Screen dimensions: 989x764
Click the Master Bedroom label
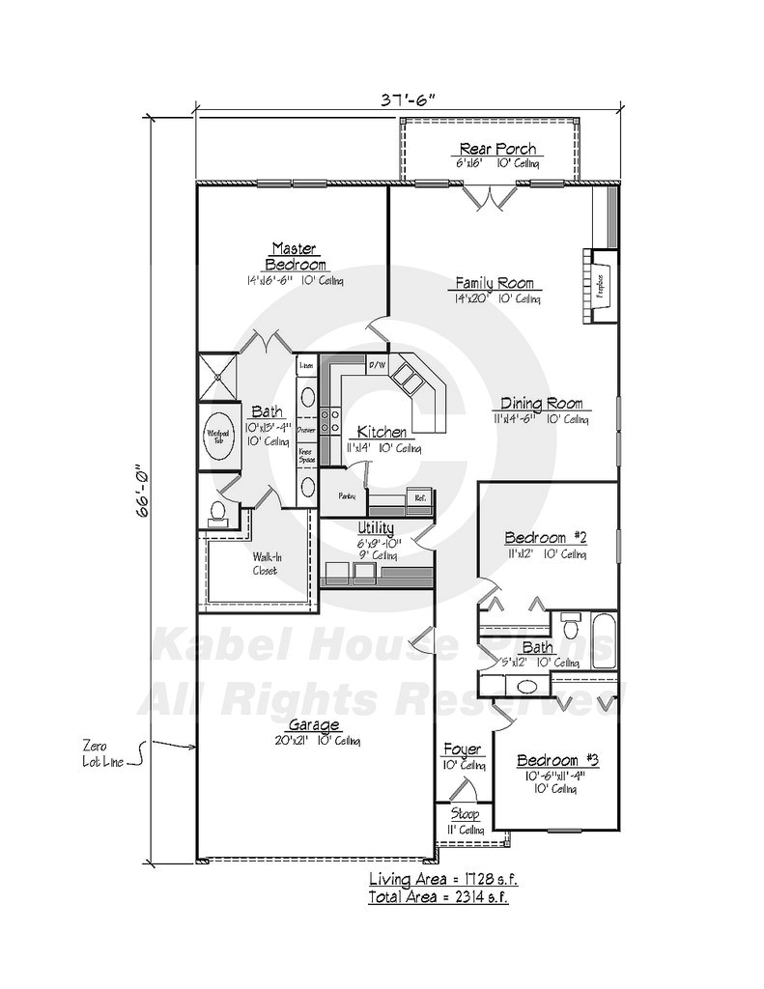pos(295,256)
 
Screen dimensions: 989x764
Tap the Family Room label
pos(495,284)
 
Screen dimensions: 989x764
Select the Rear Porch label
pos(497,149)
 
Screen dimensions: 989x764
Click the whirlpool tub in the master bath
pos(217,436)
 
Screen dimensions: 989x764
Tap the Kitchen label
pos(382,432)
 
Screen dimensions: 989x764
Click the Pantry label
pos(347,496)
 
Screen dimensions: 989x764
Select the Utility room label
pos(375,527)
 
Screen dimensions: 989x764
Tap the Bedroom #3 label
pos(557,760)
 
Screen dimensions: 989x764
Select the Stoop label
pos(465,814)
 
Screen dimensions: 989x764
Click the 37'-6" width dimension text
pos(410,98)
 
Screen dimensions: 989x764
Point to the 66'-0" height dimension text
pos(144,492)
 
